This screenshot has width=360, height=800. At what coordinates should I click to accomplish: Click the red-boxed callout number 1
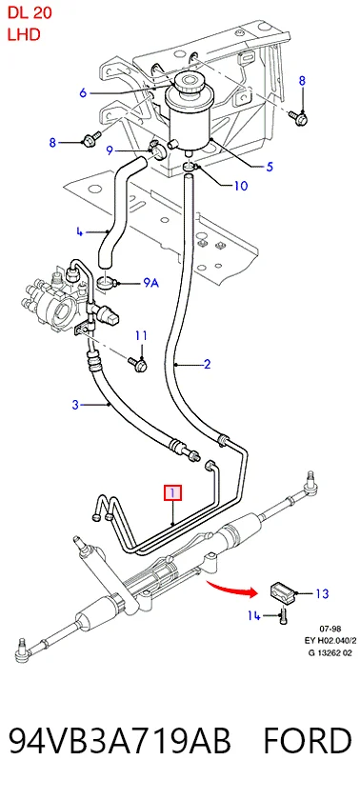pos(172,493)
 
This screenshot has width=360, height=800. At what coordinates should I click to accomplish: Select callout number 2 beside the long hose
pos(207,364)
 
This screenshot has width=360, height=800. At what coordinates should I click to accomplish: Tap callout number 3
pos(75,405)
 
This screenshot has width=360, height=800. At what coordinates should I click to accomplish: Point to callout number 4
pos(80,231)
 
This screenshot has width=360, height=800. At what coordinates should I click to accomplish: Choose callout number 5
pos(270,167)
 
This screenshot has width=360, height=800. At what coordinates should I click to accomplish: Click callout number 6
pos(83,93)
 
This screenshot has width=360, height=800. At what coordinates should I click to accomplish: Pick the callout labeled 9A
pos(150,282)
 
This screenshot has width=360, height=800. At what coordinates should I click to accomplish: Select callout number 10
pos(240,185)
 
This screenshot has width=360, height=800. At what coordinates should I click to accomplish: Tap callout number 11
pos(141,335)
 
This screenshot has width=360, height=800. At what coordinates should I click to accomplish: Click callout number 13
pos(322,593)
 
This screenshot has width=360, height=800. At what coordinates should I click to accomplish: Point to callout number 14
pos(254,616)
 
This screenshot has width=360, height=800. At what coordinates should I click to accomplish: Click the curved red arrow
pos(232,589)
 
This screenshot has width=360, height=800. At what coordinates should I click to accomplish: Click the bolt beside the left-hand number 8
pos(91,138)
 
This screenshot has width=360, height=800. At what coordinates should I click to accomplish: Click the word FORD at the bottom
pos(307,741)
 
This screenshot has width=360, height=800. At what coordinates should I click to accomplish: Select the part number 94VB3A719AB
pos(120,741)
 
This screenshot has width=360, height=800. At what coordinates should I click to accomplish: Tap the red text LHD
pos(24,34)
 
